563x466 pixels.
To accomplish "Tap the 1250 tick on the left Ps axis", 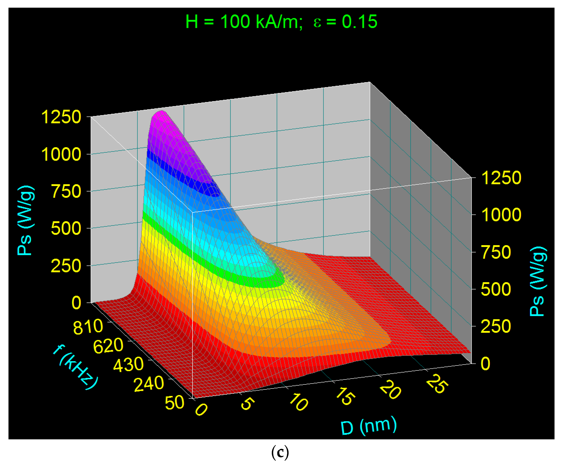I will [61, 117].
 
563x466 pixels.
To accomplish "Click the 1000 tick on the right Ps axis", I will [501, 215].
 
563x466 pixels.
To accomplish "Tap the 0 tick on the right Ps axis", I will [485, 364].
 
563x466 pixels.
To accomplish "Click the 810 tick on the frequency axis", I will [88, 327].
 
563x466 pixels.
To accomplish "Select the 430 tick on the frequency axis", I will [128, 365].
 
